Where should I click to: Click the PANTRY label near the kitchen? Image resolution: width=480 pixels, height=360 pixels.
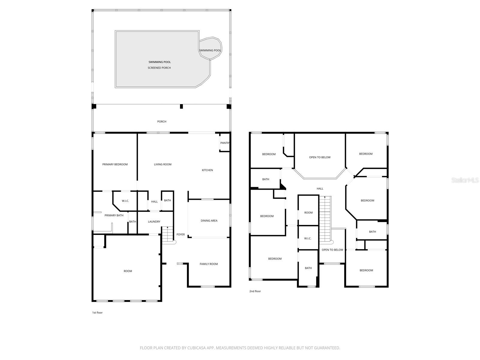click(x=225, y=143)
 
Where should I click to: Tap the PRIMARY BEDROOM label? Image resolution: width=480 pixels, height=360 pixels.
click(x=115, y=164)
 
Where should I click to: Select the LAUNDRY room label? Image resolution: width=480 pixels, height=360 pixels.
click(x=154, y=222)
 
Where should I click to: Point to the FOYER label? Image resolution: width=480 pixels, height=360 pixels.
click(x=181, y=235)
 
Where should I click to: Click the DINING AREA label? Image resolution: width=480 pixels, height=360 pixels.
click(x=209, y=221)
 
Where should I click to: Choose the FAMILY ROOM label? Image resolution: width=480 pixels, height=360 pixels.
click(x=208, y=264)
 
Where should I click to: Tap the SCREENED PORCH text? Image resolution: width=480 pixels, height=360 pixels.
click(x=159, y=68)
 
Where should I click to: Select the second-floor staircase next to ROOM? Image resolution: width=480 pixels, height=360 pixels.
click(x=325, y=219)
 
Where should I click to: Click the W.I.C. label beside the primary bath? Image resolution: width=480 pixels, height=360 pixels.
click(x=125, y=201)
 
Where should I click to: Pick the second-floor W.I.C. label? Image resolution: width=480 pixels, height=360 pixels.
click(x=307, y=238)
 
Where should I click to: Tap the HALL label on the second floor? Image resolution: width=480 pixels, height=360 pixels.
click(x=320, y=189)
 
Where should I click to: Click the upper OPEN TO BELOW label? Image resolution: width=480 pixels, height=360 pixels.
click(x=320, y=157)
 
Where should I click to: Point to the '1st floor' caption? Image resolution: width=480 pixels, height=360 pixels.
click(x=97, y=313)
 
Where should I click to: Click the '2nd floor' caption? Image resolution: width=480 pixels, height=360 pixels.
click(x=255, y=291)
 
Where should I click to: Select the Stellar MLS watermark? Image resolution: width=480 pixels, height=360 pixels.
click(x=465, y=180)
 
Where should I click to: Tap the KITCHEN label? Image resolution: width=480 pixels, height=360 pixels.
click(x=207, y=170)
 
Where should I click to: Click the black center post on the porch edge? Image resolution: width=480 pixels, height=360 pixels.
click(x=181, y=106)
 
